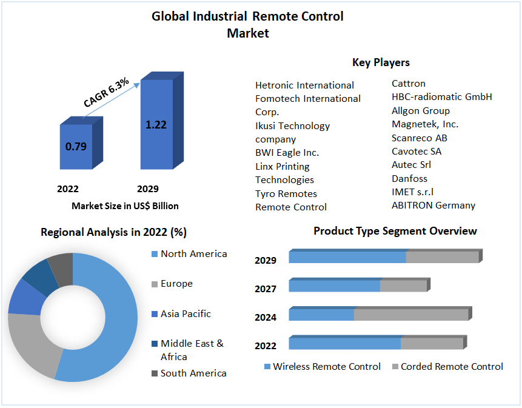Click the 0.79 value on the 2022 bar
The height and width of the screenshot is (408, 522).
(x=76, y=146)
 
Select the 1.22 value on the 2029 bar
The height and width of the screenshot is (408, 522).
(x=156, y=125)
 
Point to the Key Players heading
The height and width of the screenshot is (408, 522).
(x=381, y=62)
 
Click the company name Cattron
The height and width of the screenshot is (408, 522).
(x=408, y=84)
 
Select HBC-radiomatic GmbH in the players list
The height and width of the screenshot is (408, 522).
(x=441, y=97)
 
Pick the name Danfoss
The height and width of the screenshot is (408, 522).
(x=409, y=178)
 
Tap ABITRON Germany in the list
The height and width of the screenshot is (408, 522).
(x=433, y=205)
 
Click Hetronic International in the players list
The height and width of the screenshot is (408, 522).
(x=304, y=85)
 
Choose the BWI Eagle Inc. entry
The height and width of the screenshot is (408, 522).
(x=287, y=153)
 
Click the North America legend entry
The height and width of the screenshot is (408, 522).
(x=193, y=254)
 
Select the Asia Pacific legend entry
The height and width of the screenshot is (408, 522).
(x=186, y=314)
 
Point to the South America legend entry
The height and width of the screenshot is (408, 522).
(x=193, y=373)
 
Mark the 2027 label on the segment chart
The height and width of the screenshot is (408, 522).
(x=266, y=289)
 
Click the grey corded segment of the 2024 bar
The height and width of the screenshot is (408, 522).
(x=410, y=315)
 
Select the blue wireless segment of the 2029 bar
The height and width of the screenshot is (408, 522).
(x=347, y=257)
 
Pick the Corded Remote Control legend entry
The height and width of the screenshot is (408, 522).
(x=452, y=367)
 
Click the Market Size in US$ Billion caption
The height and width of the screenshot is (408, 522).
(x=125, y=206)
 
